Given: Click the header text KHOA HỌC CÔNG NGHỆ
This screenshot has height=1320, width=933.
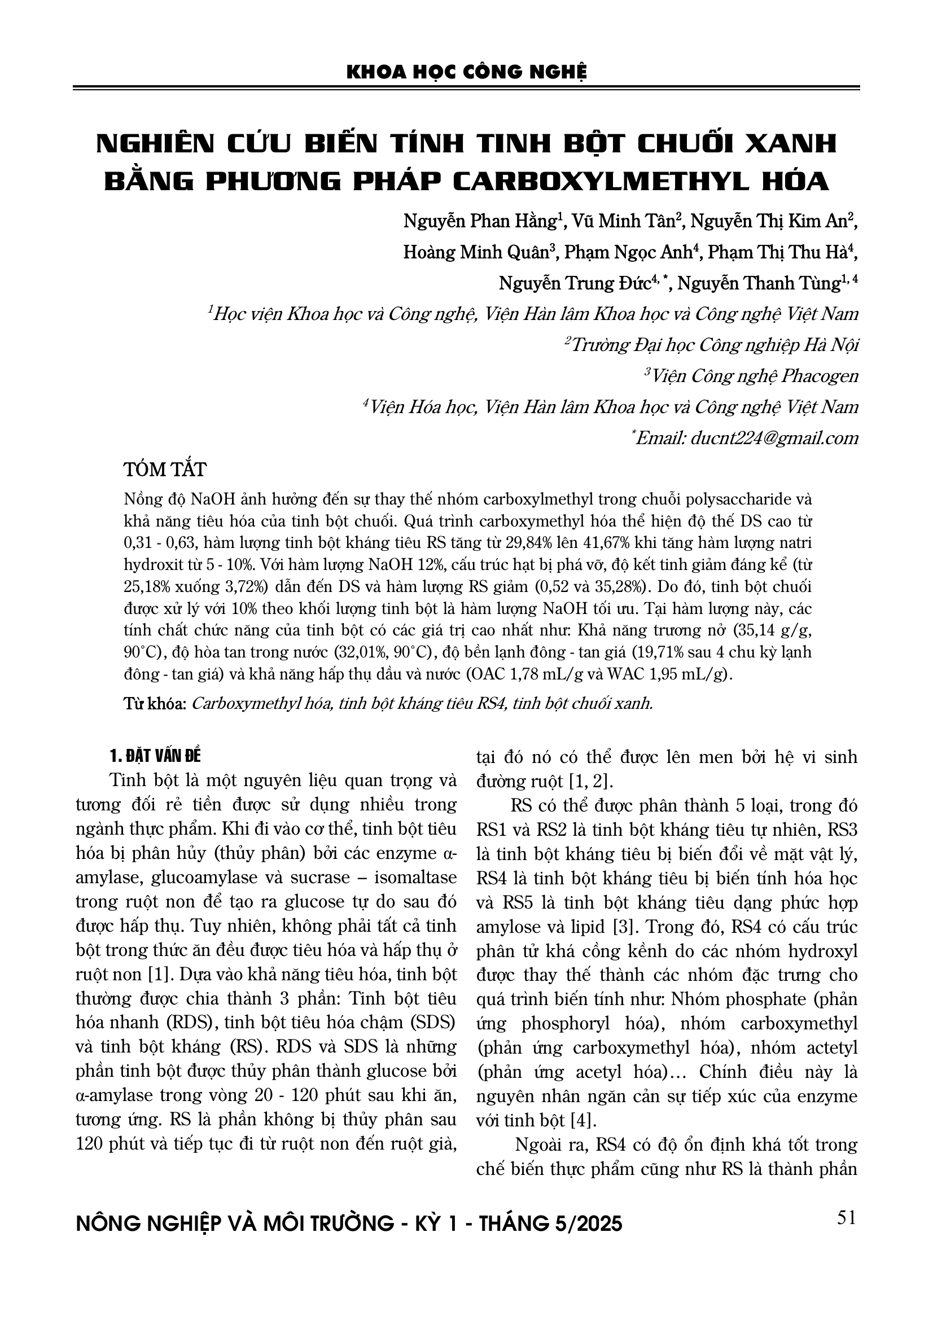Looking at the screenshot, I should (466, 72).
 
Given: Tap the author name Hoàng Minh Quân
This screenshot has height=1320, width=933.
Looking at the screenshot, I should (478, 252).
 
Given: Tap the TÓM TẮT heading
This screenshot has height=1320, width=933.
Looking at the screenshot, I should (164, 470).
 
